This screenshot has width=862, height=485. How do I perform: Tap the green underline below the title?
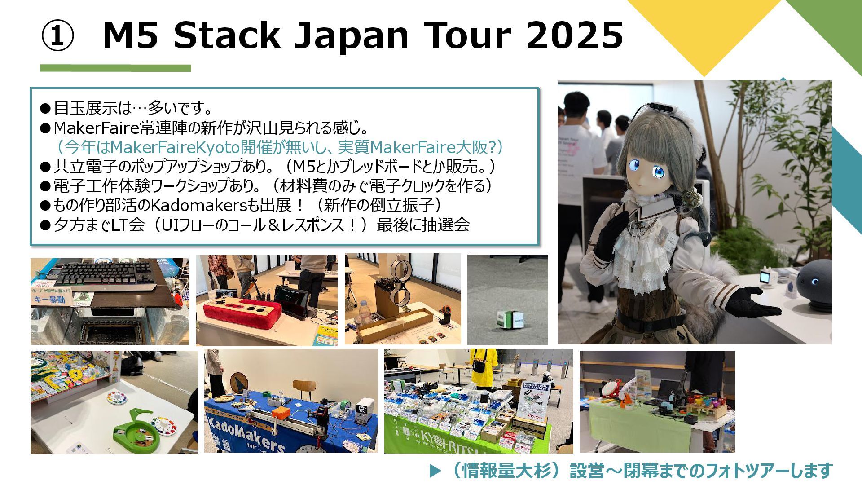click(115, 68)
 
